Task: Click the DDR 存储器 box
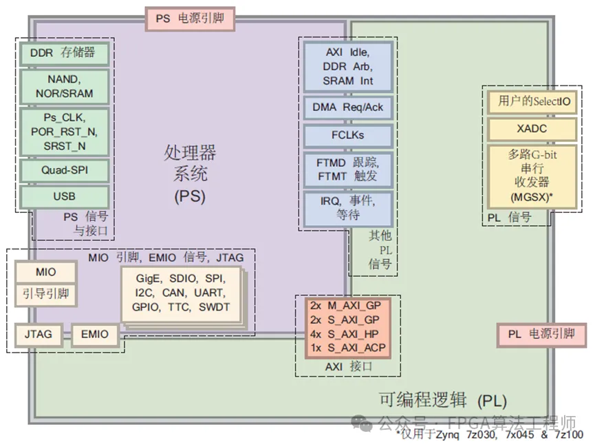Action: [x=64, y=52]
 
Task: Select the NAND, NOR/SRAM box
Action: [x=64, y=86]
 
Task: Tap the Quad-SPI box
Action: [x=64, y=169]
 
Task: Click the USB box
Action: [x=64, y=196]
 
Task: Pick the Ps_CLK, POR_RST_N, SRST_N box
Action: [x=64, y=130]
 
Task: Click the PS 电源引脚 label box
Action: [x=190, y=19]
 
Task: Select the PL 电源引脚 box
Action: [x=541, y=335]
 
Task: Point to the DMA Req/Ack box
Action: [x=348, y=107]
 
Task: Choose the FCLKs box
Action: [x=348, y=134]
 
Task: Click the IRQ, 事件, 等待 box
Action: [x=348, y=207]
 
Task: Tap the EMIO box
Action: [x=95, y=334]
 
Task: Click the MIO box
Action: [x=45, y=273]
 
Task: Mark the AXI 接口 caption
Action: [x=348, y=367]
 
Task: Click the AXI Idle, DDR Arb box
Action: [x=348, y=67]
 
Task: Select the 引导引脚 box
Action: [x=45, y=294]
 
